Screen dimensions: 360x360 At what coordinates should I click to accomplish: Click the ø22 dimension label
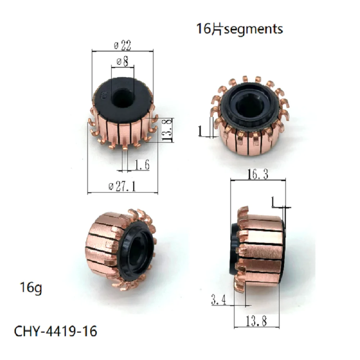tap(123, 46)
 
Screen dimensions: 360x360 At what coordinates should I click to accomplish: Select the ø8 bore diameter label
tap(123, 62)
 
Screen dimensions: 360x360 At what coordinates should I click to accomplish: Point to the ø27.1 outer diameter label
tap(123, 188)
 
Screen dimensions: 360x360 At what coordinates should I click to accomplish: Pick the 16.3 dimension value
tap(257, 175)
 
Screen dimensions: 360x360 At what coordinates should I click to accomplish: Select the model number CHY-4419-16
tap(56, 331)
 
